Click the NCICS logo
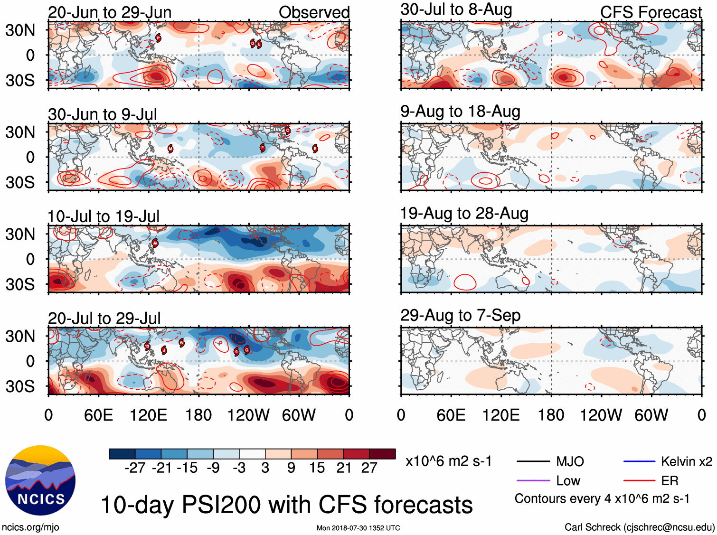[40, 480]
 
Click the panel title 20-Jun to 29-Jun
[110, 12]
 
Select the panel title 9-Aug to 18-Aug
[460, 112]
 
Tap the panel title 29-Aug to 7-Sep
[460, 315]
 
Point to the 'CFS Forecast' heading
[651, 12]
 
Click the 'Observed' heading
[314, 12]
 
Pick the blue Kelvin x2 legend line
[639, 461]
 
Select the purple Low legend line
[533, 481]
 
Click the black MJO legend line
[533, 461]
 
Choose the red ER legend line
[639, 481]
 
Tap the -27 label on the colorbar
[135, 468]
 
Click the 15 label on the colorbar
[317, 468]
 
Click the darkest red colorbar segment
[382, 454]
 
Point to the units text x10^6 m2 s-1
[448, 461]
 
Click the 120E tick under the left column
[148, 415]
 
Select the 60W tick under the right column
[651, 415]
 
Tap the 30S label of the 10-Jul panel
[20, 284]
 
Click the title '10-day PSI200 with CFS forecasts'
[287, 505]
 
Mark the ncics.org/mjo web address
[30, 527]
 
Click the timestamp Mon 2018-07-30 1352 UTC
[358, 528]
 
